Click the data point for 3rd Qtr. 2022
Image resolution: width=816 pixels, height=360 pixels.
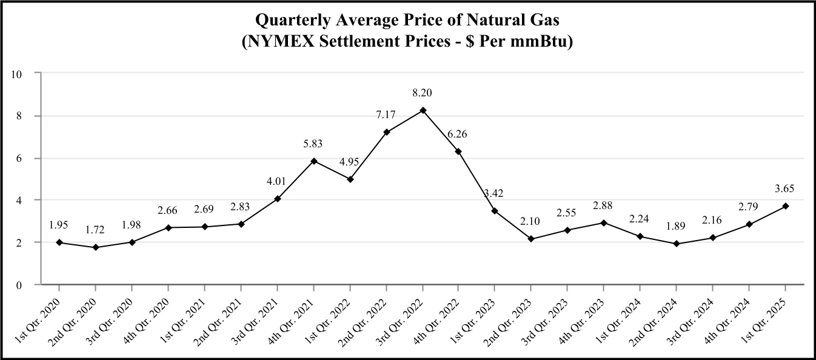coord(423,110)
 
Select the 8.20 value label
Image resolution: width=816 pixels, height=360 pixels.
coord(423,93)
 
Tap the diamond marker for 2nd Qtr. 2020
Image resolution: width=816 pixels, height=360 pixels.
coord(96,247)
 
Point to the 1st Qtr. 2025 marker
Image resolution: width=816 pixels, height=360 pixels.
coord(785,206)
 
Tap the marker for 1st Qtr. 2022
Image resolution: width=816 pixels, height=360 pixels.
coord(350,179)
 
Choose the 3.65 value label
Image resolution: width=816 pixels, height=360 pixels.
coord(785,188)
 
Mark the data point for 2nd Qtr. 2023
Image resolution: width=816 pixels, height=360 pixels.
coord(531,239)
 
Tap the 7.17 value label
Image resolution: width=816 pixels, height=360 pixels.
coord(386,114)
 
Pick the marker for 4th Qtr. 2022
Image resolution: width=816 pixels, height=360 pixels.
coord(458,152)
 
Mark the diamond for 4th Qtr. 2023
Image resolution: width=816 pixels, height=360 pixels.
coord(604,223)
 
